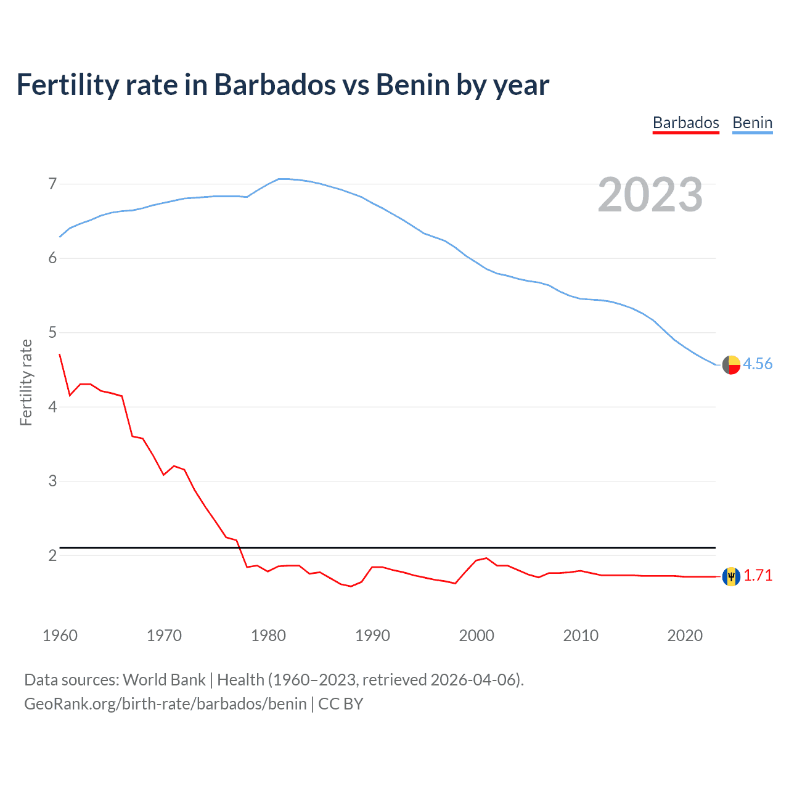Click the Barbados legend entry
(685, 123)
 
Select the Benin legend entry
(752, 123)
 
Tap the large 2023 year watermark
(650, 195)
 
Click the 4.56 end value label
(758, 364)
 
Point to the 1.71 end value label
(758, 576)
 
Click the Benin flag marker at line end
(731, 365)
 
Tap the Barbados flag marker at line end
(731, 576)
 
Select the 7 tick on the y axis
(52, 184)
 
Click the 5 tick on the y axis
(52, 333)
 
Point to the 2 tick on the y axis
(52, 555)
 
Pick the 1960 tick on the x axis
(60, 636)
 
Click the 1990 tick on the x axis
(372, 636)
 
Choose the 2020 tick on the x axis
(685, 636)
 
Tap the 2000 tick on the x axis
(476, 636)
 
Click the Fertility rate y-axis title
(26, 382)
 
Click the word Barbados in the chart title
(275, 85)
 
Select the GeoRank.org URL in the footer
(165, 704)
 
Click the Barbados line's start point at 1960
(60, 354)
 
